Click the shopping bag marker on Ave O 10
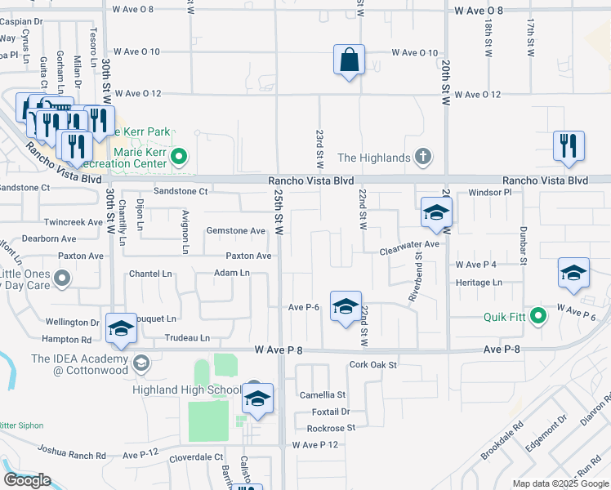(x=349, y=60)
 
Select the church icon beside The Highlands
(x=422, y=157)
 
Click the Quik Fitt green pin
(x=537, y=315)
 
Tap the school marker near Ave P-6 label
(x=346, y=307)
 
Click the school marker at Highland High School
(x=257, y=399)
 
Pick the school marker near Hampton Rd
(x=121, y=329)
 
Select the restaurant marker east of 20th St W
(x=569, y=146)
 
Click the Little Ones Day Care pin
(x=61, y=280)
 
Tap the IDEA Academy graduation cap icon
(x=140, y=363)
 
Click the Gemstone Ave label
(x=235, y=231)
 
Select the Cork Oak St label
(x=372, y=365)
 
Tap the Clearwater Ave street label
(x=409, y=243)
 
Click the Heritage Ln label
(x=479, y=283)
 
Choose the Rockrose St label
(x=331, y=428)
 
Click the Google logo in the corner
(x=27, y=481)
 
